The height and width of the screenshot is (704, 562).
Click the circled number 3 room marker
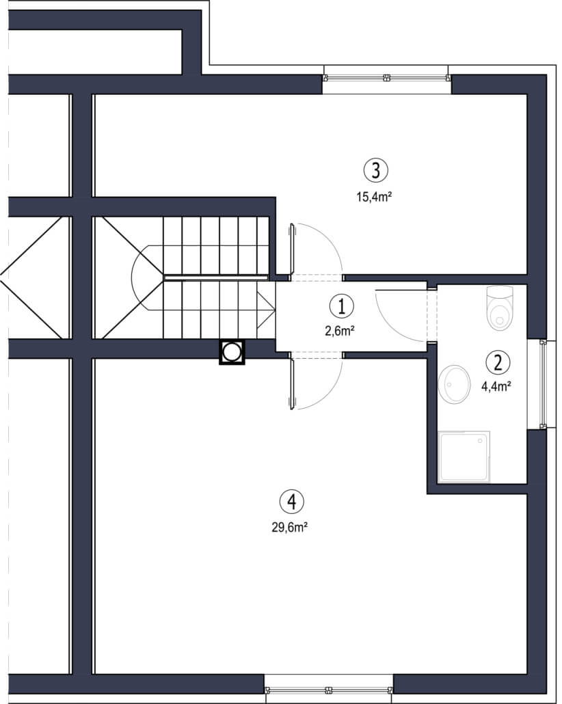(375, 170)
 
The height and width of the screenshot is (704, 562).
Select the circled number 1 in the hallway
(342, 306)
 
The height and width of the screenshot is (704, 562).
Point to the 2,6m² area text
(340, 331)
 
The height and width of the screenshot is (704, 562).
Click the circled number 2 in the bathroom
(498, 362)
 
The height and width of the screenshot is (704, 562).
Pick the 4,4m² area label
(496, 386)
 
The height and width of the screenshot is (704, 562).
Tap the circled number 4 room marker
(291, 502)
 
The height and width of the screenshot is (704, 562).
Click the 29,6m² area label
(289, 527)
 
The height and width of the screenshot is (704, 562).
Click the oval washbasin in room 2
(454, 384)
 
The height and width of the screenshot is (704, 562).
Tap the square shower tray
(464, 457)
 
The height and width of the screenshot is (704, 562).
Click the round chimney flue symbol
(232, 352)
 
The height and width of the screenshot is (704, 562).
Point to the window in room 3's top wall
(387, 78)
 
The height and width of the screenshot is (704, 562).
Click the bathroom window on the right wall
(543, 384)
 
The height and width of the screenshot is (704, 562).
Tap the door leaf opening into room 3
(292, 249)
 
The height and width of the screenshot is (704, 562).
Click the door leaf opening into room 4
(292, 384)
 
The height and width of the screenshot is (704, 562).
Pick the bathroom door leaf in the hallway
(400, 290)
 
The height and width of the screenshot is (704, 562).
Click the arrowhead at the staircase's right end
(266, 310)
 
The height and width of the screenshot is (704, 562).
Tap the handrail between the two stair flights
(217, 278)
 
